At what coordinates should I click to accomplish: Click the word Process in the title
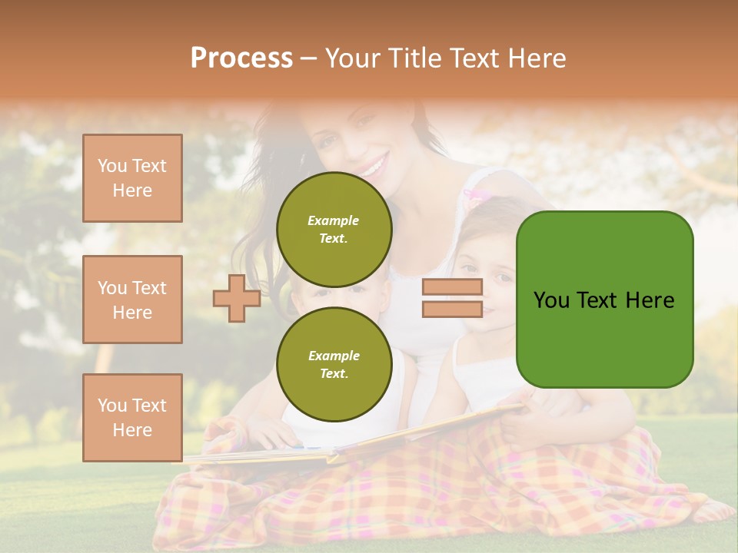tap(241, 58)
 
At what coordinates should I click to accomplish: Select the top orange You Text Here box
tap(132, 178)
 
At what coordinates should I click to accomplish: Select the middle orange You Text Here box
tap(132, 300)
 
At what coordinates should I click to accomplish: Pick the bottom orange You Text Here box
tap(132, 417)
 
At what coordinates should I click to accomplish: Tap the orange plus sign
tap(237, 298)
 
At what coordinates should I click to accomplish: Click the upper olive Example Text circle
tap(334, 229)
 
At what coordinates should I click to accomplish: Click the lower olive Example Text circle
tap(334, 364)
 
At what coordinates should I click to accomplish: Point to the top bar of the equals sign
tap(452, 287)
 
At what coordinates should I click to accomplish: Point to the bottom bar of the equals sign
tap(452, 310)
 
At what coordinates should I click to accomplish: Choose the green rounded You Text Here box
tap(604, 300)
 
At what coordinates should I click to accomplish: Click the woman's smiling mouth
tap(374, 165)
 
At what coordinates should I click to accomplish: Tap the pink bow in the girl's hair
tap(479, 197)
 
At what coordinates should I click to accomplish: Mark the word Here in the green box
tap(650, 300)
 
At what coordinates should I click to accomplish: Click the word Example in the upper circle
tap(334, 220)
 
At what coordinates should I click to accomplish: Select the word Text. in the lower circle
tap(334, 373)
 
